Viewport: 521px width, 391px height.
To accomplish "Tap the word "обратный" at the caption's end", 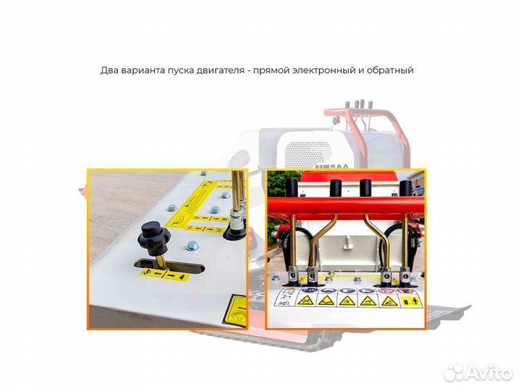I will pos(390,71).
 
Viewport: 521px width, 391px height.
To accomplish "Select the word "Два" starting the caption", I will pos(109,71).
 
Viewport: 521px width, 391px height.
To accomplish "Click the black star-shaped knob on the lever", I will pos(155,235).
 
